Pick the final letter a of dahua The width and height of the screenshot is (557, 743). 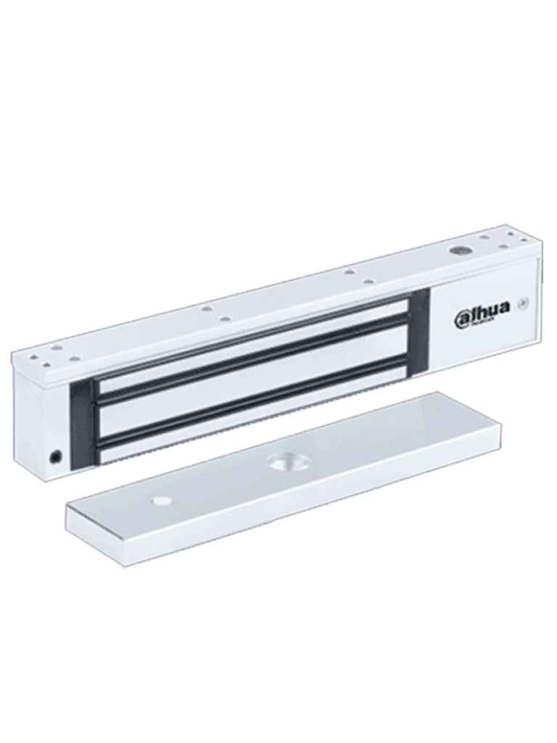coord(503,308)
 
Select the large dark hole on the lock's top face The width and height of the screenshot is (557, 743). coord(458,250)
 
